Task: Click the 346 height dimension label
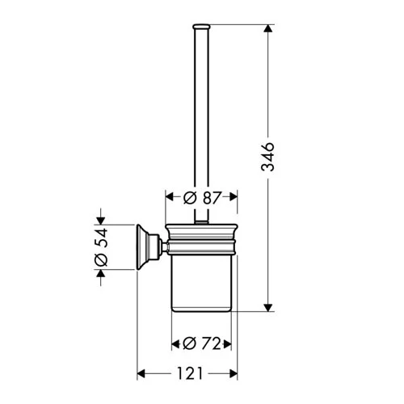pyautogui.click(x=267, y=157)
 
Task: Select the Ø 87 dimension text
pyautogui.click(x=202, y=198)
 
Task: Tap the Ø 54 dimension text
pyautogui.click(x=101, y=247)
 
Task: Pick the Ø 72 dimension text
pyautogui.click(x=202, y=343)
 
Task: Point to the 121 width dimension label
pyautogui.click(x=190, y=373)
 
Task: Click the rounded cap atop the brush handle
pyautogui.click(x=201, y=26)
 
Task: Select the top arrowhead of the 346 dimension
pyautogui.click(x=267, y=28)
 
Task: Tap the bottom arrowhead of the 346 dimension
pyautogui.click(x=267, y=308)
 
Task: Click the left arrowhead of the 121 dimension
pyautogui.click(x=141, y=373)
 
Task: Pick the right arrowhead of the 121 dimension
pyautogui.click(x=234, y=373)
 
